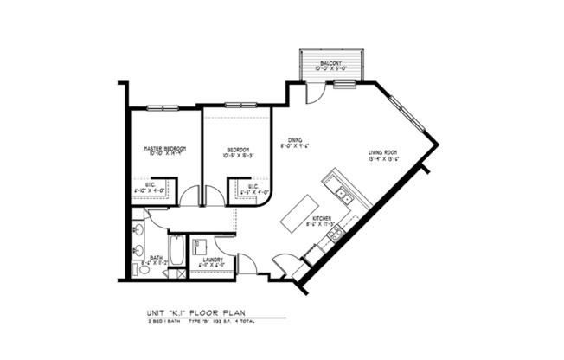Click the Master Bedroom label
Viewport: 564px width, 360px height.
[164, 148]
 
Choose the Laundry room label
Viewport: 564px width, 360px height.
[214, 259]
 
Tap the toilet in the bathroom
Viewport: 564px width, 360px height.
[144, 269]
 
